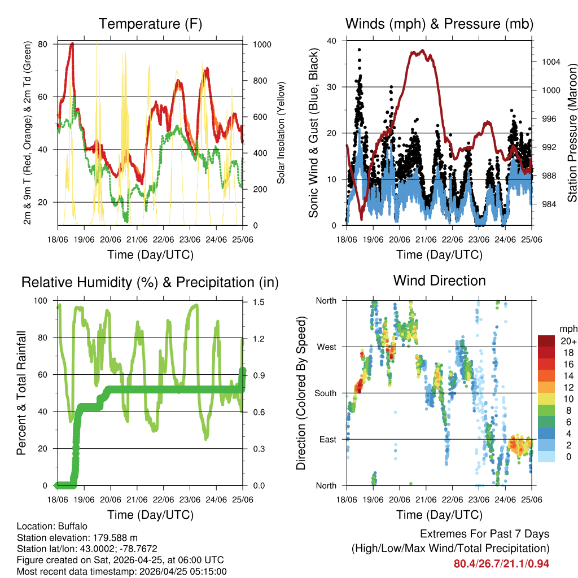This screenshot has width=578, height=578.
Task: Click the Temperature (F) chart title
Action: click(150, 24)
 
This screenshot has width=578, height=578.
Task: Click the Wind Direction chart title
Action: click(439, 280)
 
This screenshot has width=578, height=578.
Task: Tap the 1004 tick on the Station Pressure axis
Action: click(546, 62)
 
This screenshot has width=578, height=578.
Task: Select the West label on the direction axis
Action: click(326, 347)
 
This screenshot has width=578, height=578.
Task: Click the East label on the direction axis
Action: click(327, 439)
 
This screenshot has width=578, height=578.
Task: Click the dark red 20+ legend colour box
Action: click(546, 341)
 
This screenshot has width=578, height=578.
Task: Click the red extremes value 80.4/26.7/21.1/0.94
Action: click(501, 563)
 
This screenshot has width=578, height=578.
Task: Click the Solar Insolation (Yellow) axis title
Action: click(281, 133)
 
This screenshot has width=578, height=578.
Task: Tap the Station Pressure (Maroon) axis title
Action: click(572, 133)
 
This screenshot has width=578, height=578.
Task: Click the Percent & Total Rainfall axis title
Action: click(21, 392)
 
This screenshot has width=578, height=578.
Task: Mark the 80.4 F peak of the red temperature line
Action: click(72, 43)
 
